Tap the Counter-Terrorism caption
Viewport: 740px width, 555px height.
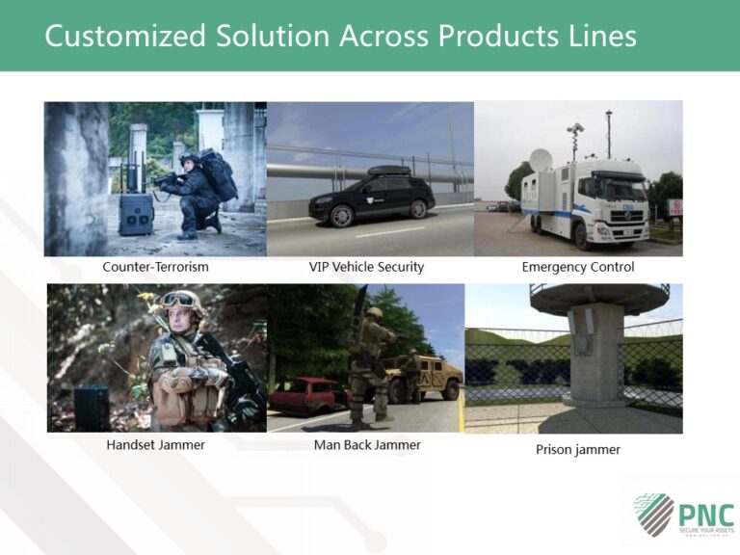pyautogui.click(x=155, y=267)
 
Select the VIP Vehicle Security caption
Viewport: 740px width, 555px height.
pyautogui.click(x=366, y=267)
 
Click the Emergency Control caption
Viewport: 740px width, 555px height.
pyautogui.click(x=578, y=267)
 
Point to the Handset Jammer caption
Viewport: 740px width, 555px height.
pyautogui.click(x=155, y=445)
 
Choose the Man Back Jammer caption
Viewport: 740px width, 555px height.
pyautogui.click(x=367, y=445)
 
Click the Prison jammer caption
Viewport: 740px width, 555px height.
pyautogui.click(x=578, y=449)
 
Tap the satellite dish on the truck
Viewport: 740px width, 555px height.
pyautogui.click(x=542, y=160)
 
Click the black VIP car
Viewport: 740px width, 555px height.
pyautogui.click(x=372, y=199)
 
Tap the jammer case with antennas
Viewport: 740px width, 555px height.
pyautogui.click(x=136, y=211)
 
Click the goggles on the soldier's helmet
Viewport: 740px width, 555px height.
pyautogui.click(x=178, y=300)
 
